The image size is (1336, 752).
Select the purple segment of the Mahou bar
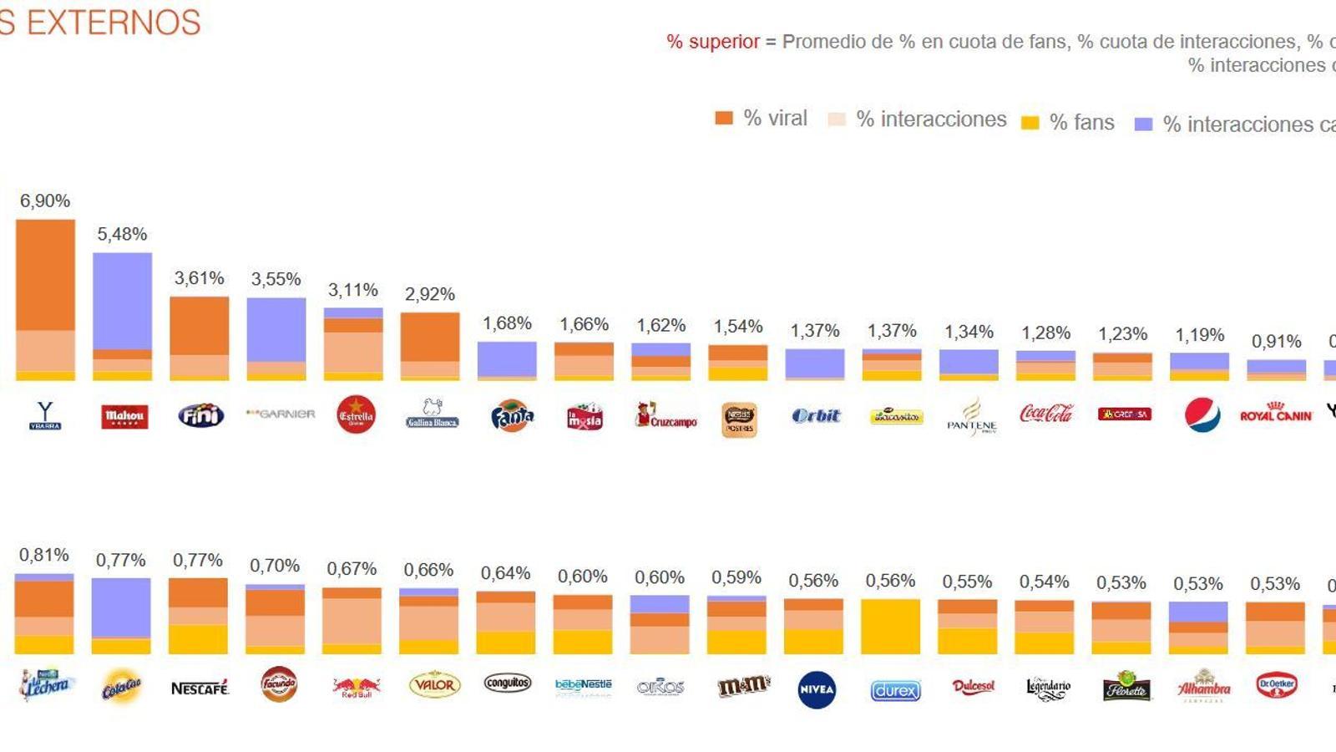pyautogui.click(x=122, y=301)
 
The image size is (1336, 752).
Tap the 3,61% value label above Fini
pyautogui.click(x=199, y=278)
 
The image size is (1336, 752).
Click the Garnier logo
pyautogui.click(x=281, y=414)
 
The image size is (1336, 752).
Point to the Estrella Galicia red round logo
pyautogui.click(x=356, y=414)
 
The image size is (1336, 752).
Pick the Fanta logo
pyautogui.click(x=512, y=415)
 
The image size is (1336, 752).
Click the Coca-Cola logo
pyautogui.click(x=1046, y=413)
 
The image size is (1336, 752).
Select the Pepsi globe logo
pyautogui.click(x=1202, y=414)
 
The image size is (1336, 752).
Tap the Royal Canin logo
pyautogui.click(x=1276, y=414)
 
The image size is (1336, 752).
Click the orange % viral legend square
pyautogui.click(x=724, y=119)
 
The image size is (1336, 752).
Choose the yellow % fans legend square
pyautogui.click(x=1030, y=123)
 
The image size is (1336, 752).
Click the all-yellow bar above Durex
pyautogui.click(x=890, y=626)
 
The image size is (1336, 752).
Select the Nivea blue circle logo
pyautogui.click(x=817, y=689)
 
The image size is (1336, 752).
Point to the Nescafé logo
pyautogui.click(x=200, y=688)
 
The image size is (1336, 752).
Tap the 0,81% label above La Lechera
pyautogui.click(x=44, y=555)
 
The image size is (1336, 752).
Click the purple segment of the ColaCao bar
pyautogui.click(x=121, y=607)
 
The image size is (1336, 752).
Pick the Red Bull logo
pyautogui.click(x=356, y=688)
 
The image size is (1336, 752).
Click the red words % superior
pyautogui.click(x=713, y=42)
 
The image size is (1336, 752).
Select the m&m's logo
pyautogui.click(x=743, y=687)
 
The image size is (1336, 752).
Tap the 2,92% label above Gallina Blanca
pyautogui.click(x=430, y=294)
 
